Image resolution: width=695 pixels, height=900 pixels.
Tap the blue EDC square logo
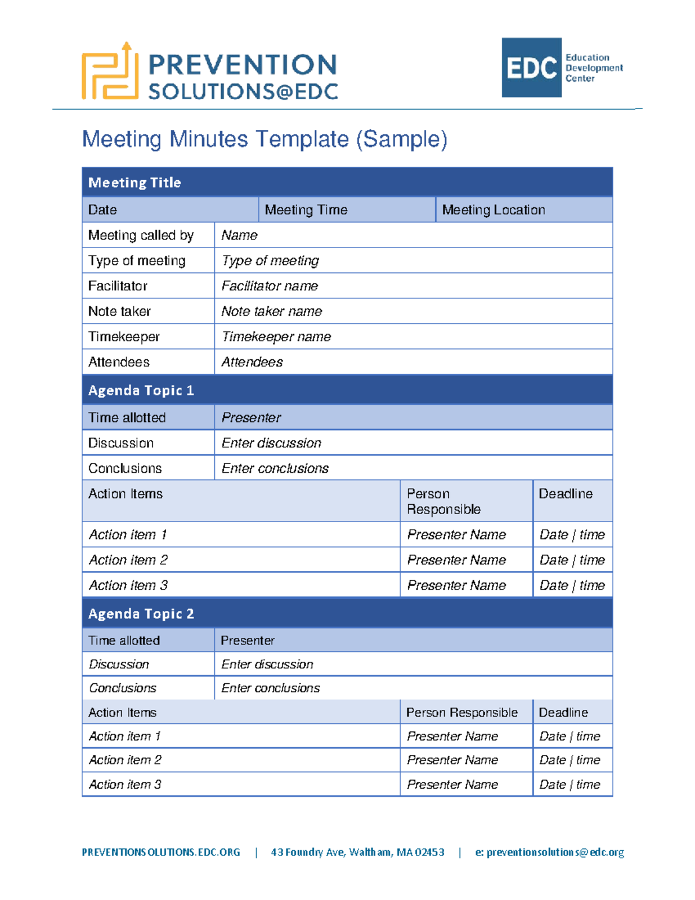click(531, 68)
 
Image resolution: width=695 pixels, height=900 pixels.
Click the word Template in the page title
click(302, 140)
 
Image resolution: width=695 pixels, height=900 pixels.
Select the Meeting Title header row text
click(134, 183)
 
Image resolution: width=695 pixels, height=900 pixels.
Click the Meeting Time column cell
click(306, 210)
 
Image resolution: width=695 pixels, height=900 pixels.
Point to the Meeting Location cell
click(493, 210)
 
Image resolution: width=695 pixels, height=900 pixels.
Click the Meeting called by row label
click(141, 235)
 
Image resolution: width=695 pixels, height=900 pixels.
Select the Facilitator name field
click(269, 286)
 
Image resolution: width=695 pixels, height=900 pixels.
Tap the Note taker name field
click(272, 311)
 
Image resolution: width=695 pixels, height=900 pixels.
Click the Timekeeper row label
click(124, 337)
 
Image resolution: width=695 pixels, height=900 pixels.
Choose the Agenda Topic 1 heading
click(141, 391)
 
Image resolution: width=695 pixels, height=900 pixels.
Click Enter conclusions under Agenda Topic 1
click(275, 468)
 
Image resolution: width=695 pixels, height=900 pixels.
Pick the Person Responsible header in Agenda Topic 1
click(444, 501)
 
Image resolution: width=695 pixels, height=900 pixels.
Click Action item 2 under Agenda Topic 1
click(128, 560)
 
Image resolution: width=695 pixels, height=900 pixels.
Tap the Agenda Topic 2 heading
click(141, 614)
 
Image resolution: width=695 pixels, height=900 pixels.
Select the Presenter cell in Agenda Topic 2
click(247, 640)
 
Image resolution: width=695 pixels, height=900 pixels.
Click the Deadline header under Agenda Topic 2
click(563, 712)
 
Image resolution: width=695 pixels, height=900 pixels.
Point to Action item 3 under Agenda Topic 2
click(125, 784)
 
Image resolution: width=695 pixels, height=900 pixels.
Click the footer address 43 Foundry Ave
click(357, 852)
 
